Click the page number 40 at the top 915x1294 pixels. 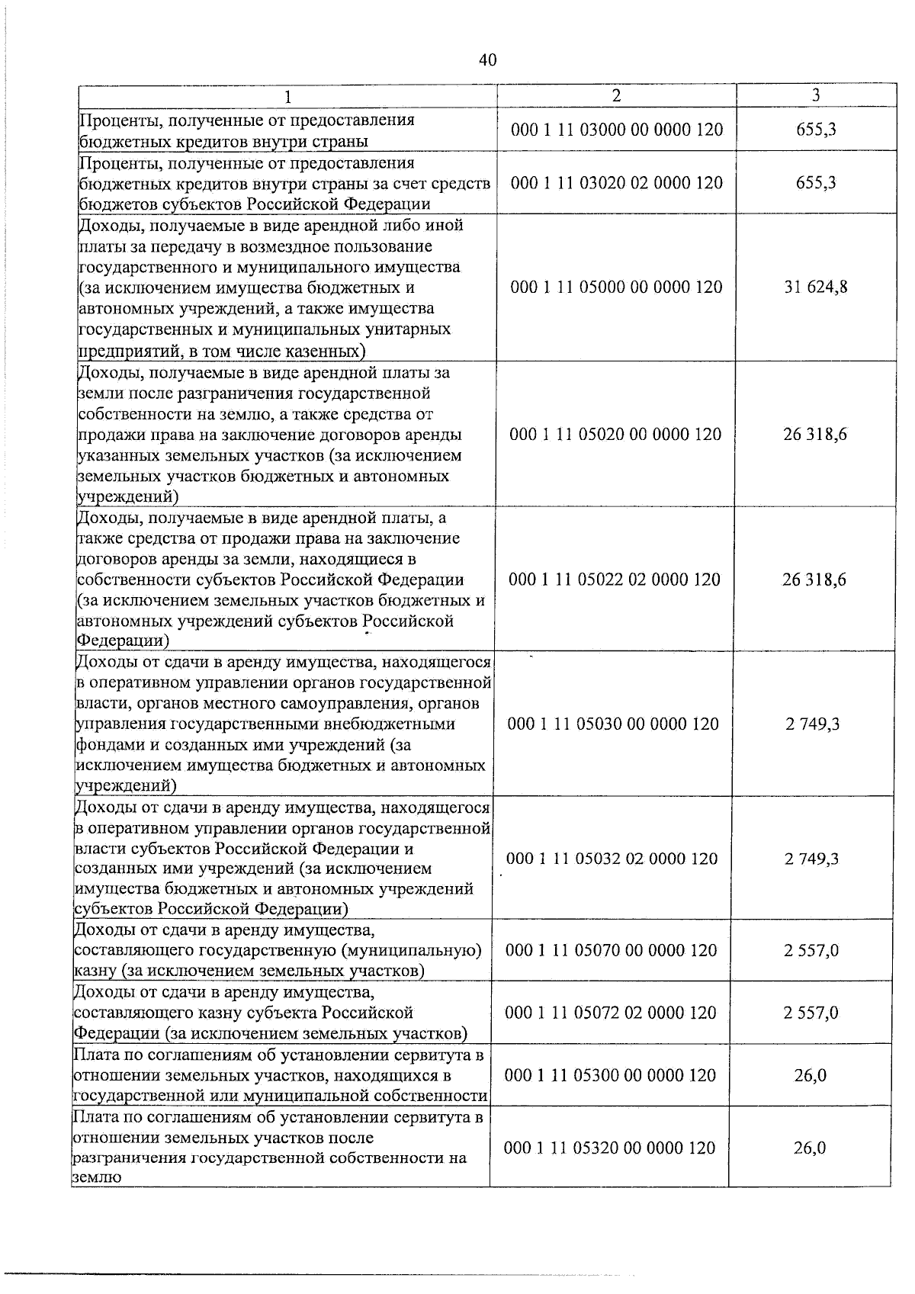point(488,59)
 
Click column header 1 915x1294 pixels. point(287,97)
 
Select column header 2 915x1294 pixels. point(616,95)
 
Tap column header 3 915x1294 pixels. point(816,95)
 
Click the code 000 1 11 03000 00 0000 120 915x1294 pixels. point(617,130)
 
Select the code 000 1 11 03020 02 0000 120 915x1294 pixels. point(617,183)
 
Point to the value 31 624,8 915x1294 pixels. point(816,287)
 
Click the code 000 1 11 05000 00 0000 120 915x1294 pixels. point(616,287)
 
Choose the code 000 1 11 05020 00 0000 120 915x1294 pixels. point(615,435)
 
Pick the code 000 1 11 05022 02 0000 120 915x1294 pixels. point(615,580)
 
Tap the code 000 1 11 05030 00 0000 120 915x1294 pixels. point(613,724)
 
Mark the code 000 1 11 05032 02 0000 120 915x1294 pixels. point(612,859)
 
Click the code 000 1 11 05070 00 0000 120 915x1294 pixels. point(612,951)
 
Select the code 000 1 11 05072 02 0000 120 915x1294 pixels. point(611,1013)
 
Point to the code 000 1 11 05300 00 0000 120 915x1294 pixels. point(610,1076)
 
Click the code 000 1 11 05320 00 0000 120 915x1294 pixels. point(609,1148)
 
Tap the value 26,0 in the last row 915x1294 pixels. point(810,1148)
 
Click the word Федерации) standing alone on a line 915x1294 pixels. point(123,641)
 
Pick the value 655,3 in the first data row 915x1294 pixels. point(816,130)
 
